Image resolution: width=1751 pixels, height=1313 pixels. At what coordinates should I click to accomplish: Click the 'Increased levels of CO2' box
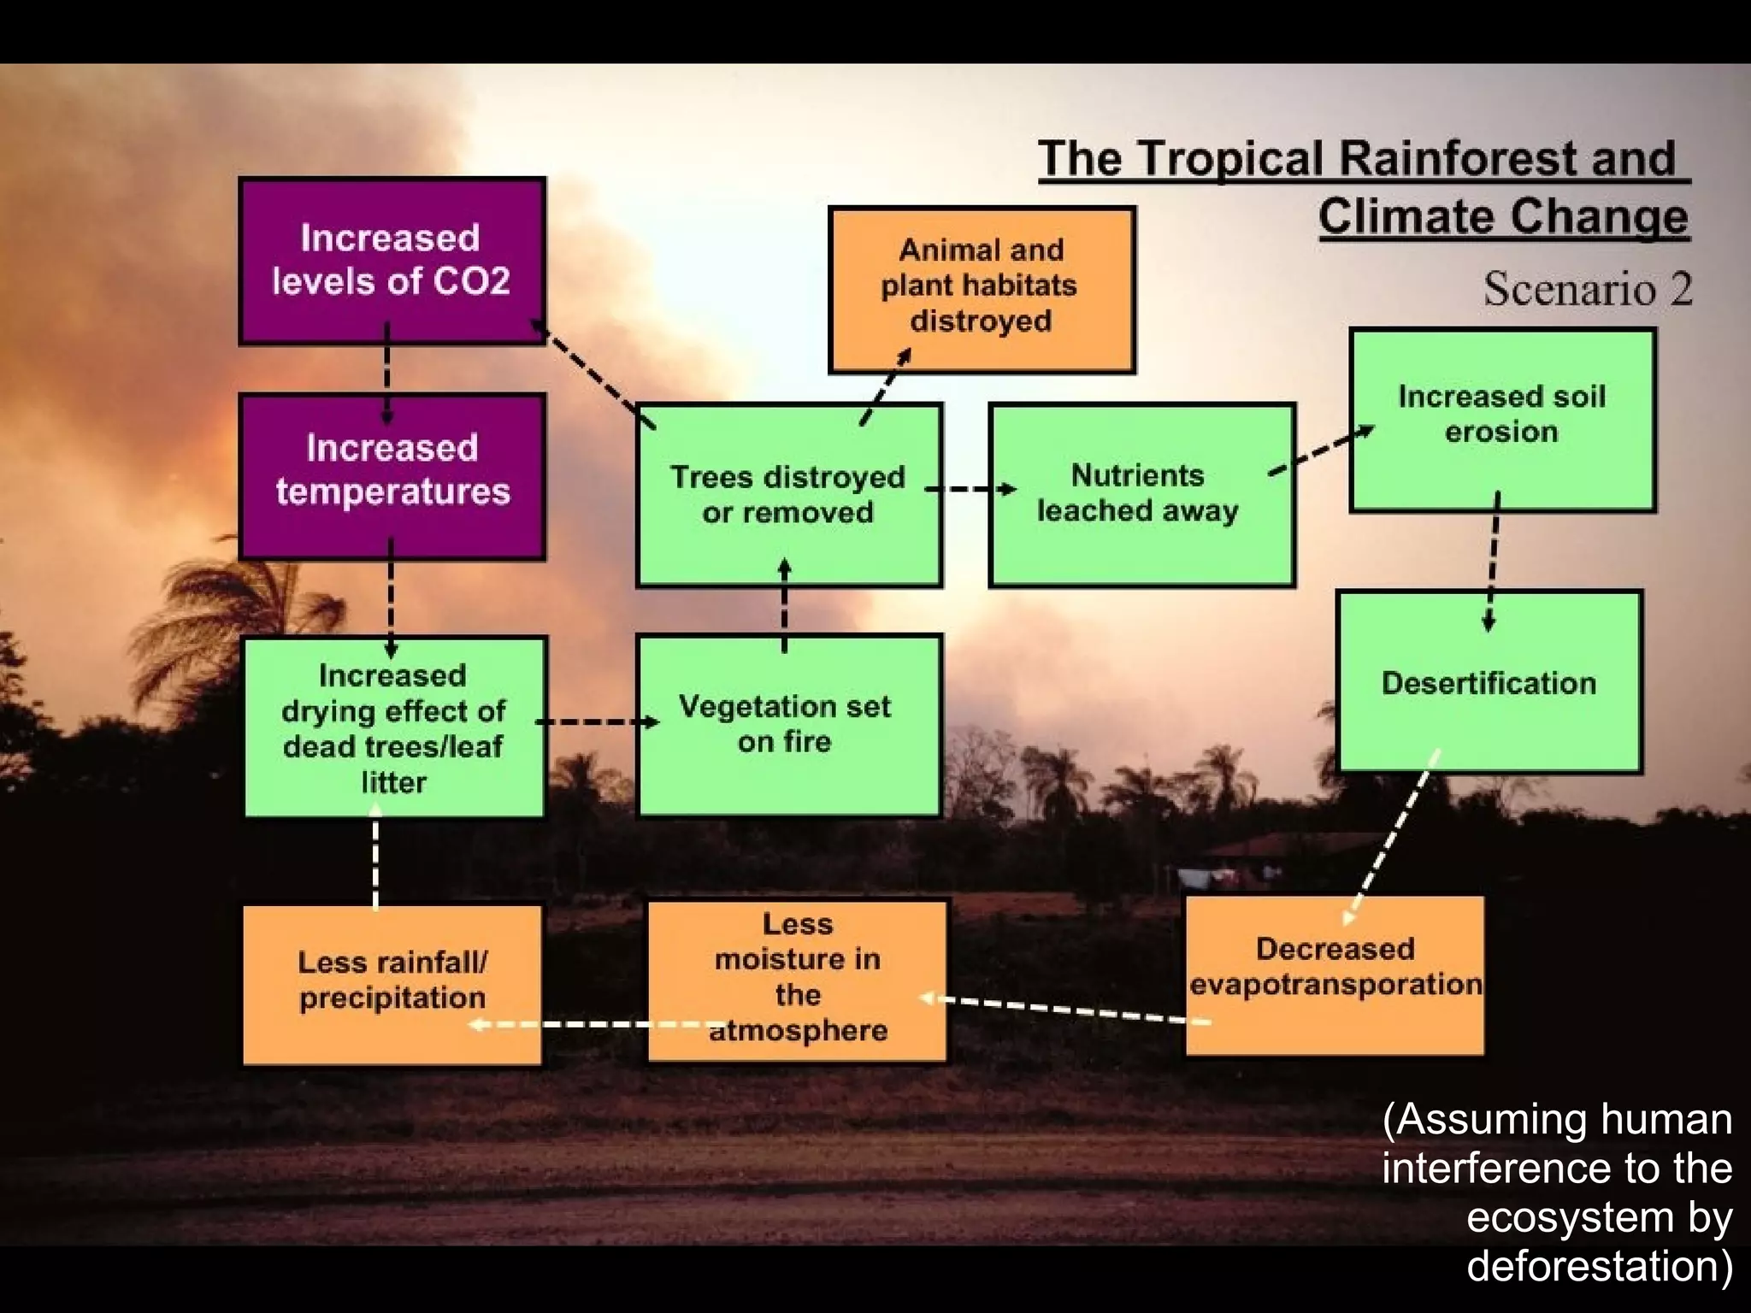392,261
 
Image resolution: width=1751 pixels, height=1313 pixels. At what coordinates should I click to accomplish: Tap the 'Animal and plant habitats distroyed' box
982,289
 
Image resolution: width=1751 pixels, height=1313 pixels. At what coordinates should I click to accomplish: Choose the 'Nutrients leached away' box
1141,495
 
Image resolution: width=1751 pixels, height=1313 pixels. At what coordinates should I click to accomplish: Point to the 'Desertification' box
1489,682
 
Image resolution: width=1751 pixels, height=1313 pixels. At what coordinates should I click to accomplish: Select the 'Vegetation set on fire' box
788,725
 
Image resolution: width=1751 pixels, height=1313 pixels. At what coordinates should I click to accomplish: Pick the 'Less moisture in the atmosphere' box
797,980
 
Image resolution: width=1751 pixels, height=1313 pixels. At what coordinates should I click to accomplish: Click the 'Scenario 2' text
1587,289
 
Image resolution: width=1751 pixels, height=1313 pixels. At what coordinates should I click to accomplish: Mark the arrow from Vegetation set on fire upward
785,605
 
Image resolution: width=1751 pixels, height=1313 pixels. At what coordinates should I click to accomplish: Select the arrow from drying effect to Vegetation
597,722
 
